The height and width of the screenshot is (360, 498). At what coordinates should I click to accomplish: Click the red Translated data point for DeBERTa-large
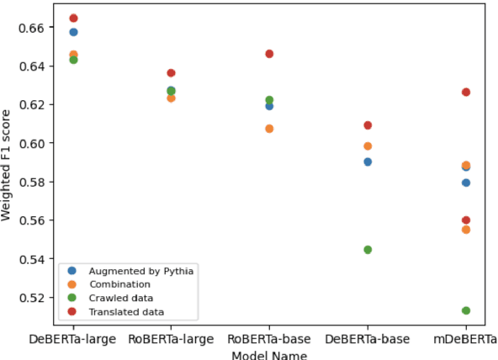73,18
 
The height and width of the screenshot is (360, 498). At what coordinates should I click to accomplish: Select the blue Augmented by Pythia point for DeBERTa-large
73,32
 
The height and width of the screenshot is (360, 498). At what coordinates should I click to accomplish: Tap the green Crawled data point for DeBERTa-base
368,250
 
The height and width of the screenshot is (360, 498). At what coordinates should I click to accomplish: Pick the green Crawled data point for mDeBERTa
466,310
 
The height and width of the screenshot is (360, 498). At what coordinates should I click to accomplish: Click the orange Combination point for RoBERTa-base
269,129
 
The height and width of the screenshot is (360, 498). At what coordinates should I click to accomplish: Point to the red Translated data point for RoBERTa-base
269,54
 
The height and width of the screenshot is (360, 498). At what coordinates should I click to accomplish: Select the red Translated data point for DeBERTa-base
368,125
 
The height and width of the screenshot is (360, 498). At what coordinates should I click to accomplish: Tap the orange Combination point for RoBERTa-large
171,98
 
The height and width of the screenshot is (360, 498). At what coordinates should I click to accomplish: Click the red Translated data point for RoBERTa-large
171,73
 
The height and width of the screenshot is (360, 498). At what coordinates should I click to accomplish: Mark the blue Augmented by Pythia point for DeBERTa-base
368,161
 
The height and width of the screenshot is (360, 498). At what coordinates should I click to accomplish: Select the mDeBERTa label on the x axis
466,338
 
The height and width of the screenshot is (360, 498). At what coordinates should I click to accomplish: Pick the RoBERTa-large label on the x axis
171,338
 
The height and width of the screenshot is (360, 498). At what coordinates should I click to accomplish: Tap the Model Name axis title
269,354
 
